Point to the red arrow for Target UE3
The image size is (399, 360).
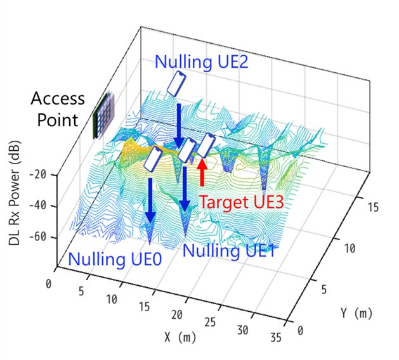click(202, 172)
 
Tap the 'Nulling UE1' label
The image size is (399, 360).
click(228, 250)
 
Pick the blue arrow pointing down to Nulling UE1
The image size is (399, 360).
click(185, 188)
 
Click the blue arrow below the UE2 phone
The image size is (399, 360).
click(178, 124)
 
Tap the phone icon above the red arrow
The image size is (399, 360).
click(206, 146)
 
